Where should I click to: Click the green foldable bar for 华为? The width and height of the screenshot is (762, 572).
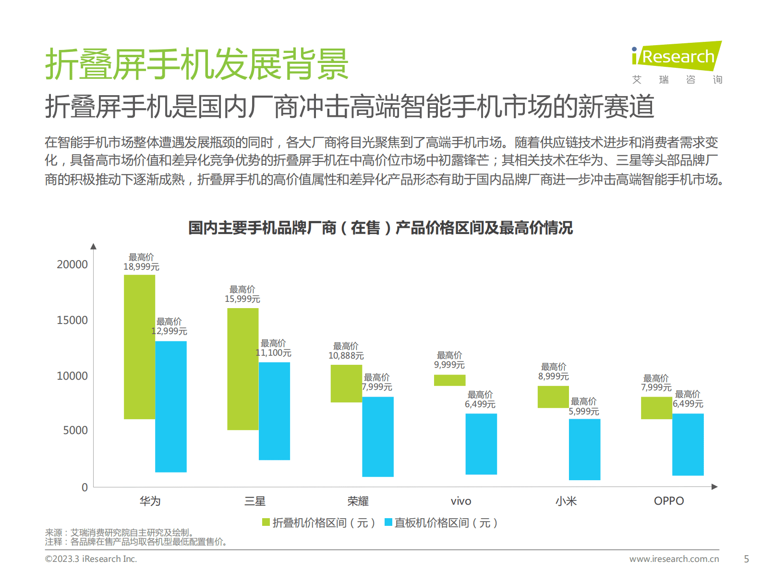pyautogui.click(x=139, y=347)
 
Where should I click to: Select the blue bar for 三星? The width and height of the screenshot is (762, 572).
pyautogui.click(x=274, y=411)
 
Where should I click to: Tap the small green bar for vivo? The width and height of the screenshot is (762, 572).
pyautogui.click(x=449, y=380)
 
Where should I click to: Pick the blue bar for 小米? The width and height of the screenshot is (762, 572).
pyautogui.click(x=584, y=449)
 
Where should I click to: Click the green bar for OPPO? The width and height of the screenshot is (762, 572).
pyautogui.click(x=656, y=408)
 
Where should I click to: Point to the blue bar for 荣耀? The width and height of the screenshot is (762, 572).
pyautogui.click(x=377, y=436)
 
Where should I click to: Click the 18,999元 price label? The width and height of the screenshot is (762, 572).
pyautogui.click(x=141, y=267)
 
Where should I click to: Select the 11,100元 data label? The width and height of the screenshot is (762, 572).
pyautogui.click(x=274, y=353)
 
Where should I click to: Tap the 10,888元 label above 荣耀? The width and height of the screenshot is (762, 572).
pyautogui.click(x=346, y=356)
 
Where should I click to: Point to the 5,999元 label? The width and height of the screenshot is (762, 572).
pyautogui.click(x=584, y=411)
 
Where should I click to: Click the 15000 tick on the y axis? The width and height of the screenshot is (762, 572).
pyautogui.click(x=72, y=320)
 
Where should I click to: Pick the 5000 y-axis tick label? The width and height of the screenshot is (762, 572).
pyautogui.click(x=75, y=430)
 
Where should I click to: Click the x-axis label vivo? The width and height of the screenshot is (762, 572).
pyautogui.click(x=461, y=501)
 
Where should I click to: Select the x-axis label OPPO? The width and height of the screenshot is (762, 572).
pyautogui.click(x=668, y=501)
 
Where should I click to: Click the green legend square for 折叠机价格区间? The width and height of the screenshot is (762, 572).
pyautogui.click(x=266, y=522)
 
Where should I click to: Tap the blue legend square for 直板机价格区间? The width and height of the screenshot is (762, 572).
pyautogui.click(x=388, y=522)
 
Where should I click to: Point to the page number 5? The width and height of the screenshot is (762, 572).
pyautogui.click(x=746, y=559)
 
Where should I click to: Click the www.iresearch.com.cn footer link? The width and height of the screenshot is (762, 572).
pyautogui.click(x=674, y=559)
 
